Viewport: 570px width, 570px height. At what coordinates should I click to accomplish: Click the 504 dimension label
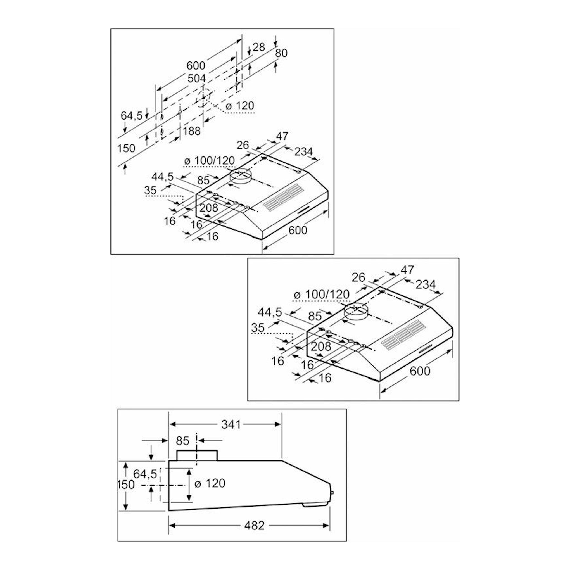(197, 79)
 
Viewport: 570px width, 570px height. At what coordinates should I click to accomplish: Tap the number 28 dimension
(259, 47)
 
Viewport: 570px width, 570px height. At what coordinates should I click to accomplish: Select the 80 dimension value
(281, 53)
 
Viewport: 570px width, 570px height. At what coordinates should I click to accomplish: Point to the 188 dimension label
(191, 131)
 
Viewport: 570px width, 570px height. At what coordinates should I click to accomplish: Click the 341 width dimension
(231, 424)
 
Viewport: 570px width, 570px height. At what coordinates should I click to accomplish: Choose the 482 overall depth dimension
(254, 526)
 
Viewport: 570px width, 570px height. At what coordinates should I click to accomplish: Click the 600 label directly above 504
(196, 65)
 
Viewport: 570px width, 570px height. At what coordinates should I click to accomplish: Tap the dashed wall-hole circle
(203, 97)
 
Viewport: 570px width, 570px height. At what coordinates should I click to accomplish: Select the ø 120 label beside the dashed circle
(240, 106)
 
